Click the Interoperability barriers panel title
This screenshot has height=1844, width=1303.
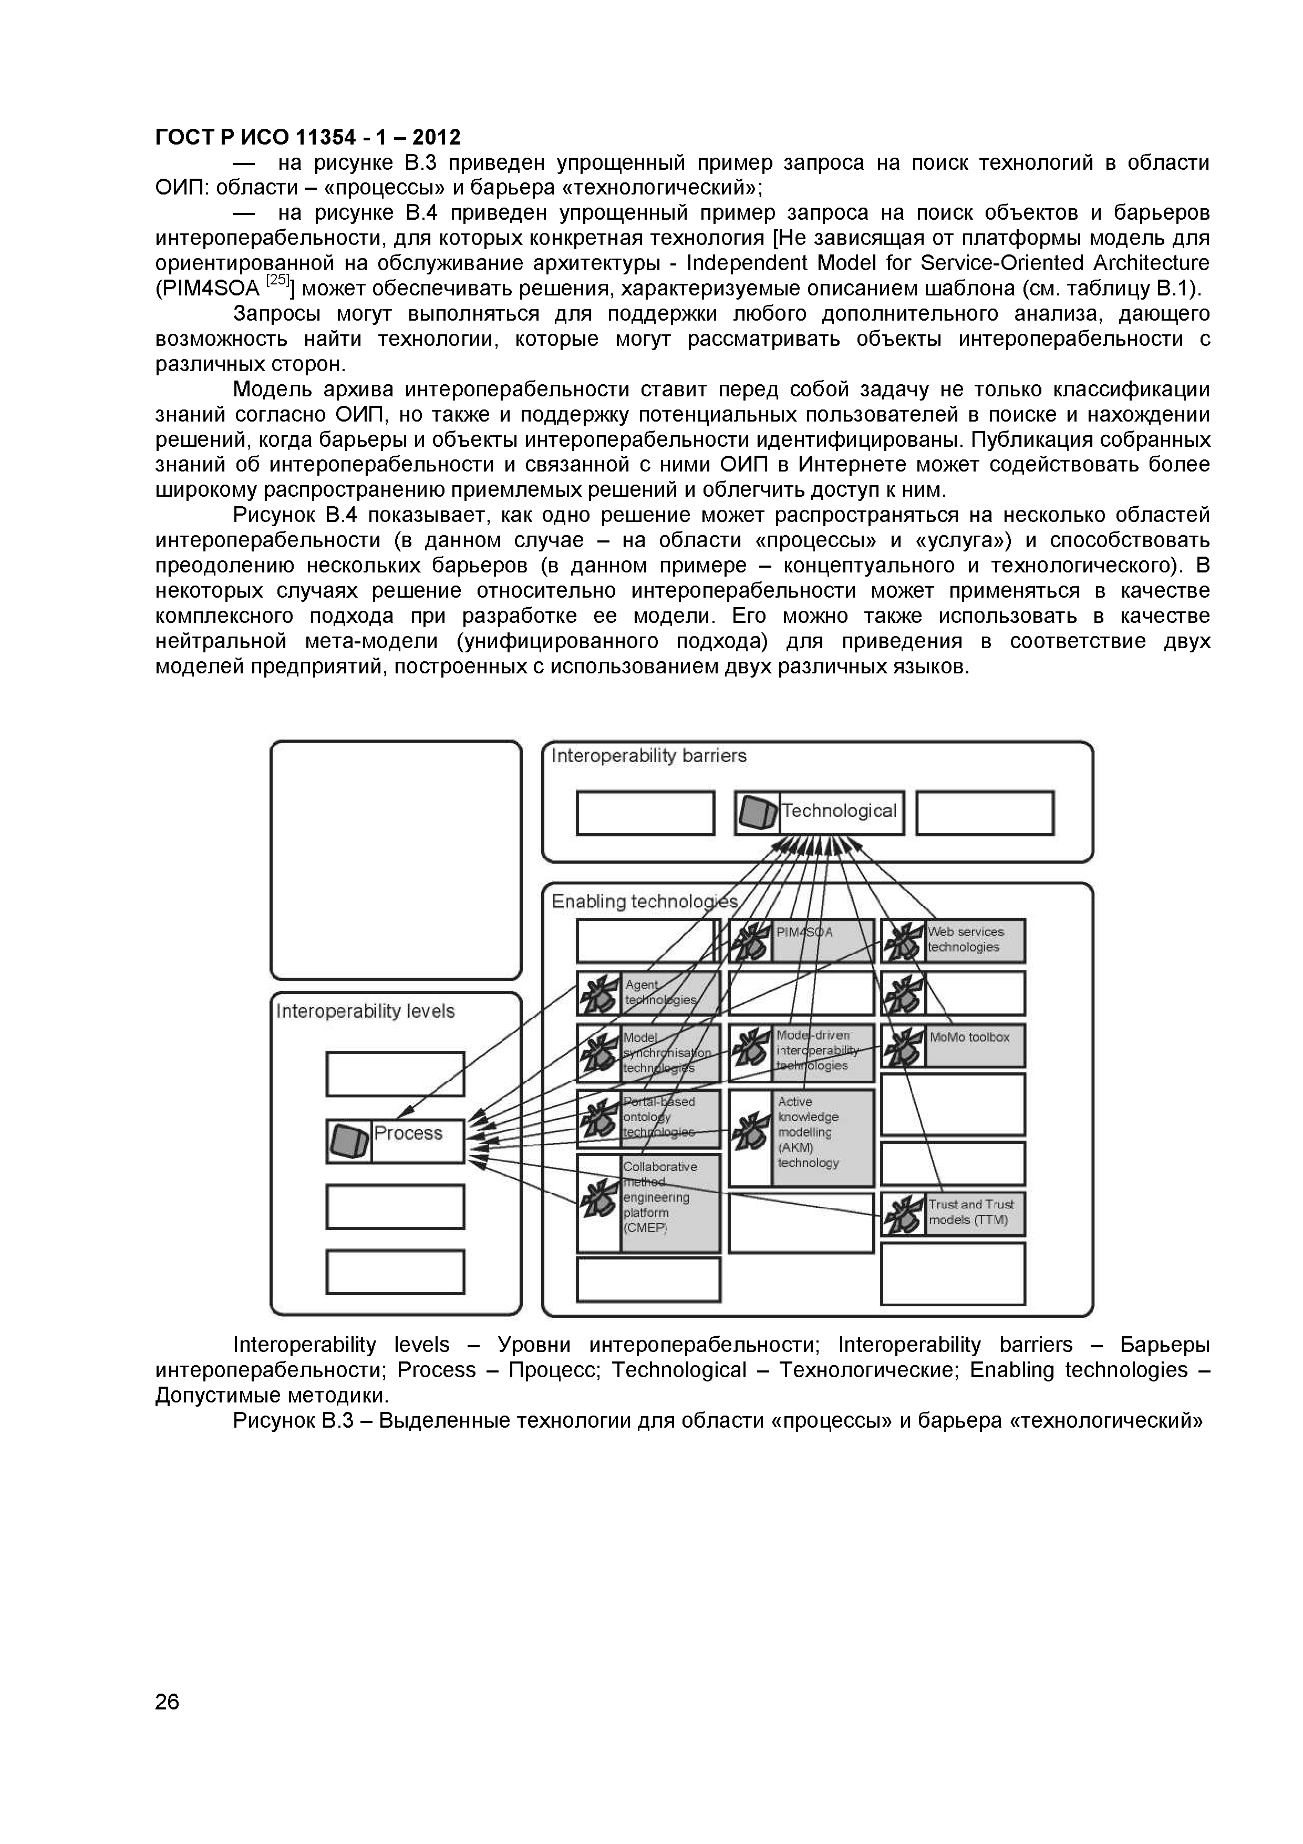[649, 756]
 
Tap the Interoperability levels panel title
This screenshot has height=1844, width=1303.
[365, 1011]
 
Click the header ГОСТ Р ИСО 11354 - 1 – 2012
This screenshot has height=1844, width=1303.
[307, 137]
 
